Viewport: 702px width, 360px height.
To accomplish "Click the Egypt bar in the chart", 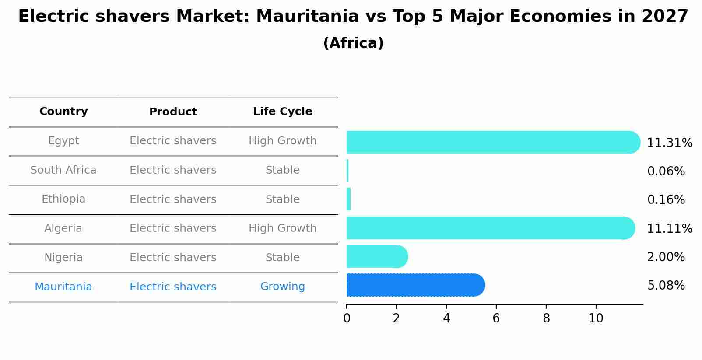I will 492,142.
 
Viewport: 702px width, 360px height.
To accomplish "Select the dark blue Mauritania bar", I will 415,285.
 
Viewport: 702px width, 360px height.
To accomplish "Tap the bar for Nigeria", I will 376,256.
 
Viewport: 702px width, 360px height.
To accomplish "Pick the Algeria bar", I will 490,228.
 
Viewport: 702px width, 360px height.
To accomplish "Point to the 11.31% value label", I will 669,143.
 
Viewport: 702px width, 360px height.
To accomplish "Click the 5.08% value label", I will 666,286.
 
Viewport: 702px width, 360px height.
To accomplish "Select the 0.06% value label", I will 666,171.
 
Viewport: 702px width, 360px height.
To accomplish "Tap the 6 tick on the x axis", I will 496,318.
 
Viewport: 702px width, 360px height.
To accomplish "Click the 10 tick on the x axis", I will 596,318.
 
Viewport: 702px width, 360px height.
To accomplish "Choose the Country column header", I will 63,112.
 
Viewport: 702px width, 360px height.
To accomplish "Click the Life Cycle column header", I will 282,112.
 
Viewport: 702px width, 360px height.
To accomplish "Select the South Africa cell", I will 63,170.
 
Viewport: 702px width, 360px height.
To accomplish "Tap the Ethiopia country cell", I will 63,199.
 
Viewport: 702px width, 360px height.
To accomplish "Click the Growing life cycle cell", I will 282,287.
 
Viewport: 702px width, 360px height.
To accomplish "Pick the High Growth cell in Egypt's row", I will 282,141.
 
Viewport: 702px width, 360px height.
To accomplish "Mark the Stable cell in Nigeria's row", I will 282,258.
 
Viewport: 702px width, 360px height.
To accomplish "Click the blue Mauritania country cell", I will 63,287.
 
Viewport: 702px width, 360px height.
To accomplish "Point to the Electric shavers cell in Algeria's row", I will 173,228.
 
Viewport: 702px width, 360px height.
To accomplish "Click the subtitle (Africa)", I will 353,43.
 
